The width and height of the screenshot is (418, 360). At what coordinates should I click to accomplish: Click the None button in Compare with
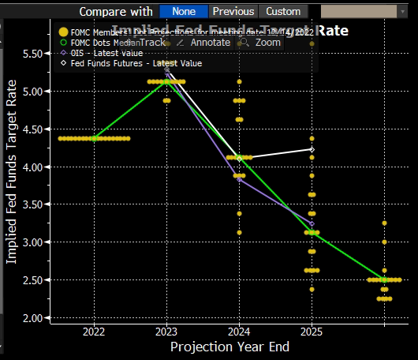tap(184, 11)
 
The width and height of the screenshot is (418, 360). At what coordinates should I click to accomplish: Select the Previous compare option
tap(233, 11)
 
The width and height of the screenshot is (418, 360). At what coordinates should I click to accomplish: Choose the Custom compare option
tap(283, 11)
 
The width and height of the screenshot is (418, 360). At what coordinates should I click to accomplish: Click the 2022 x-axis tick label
tap(94, 332)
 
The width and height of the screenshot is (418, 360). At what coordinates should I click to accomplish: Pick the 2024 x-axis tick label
tap(239, 332)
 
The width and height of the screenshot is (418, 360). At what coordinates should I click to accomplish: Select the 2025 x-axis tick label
tap(312, 332)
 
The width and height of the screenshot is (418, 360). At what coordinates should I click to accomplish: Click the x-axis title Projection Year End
tap(230, 347)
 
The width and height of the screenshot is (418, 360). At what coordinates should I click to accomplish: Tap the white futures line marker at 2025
tap(312, 149)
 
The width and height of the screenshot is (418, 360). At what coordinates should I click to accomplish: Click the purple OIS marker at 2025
tap(312, 223)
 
